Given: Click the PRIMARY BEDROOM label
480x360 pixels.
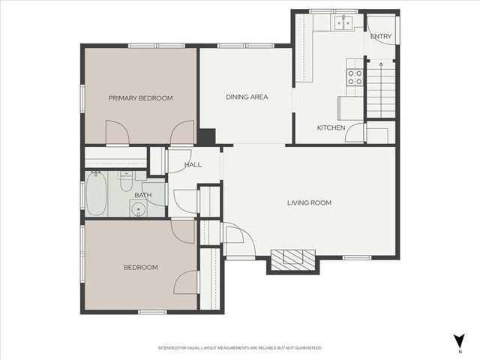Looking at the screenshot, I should [140, 98].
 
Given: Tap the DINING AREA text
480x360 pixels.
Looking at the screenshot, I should [247, 97].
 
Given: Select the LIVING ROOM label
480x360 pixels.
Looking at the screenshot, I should [309, 202].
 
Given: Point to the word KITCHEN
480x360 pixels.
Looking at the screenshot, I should [331, 128].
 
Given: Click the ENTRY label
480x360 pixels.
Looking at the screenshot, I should [380, 37].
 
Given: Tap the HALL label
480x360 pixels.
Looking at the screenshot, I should [193, 165].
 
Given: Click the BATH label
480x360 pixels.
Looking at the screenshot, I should [142, 196].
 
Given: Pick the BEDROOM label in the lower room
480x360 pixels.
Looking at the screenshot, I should [141, 268].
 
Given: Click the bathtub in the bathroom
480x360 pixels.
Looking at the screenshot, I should [97, 194].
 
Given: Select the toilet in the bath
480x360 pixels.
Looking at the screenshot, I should [126, 181].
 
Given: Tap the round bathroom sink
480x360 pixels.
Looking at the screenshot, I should [136, 209].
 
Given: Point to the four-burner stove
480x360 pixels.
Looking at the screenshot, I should [353, 76].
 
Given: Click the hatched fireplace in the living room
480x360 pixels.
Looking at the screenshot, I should [293, 259].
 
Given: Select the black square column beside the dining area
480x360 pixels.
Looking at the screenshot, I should [206, 137].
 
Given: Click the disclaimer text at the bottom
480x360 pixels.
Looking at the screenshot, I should [240, 348].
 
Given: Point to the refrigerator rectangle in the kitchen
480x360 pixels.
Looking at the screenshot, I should [351, 108].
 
